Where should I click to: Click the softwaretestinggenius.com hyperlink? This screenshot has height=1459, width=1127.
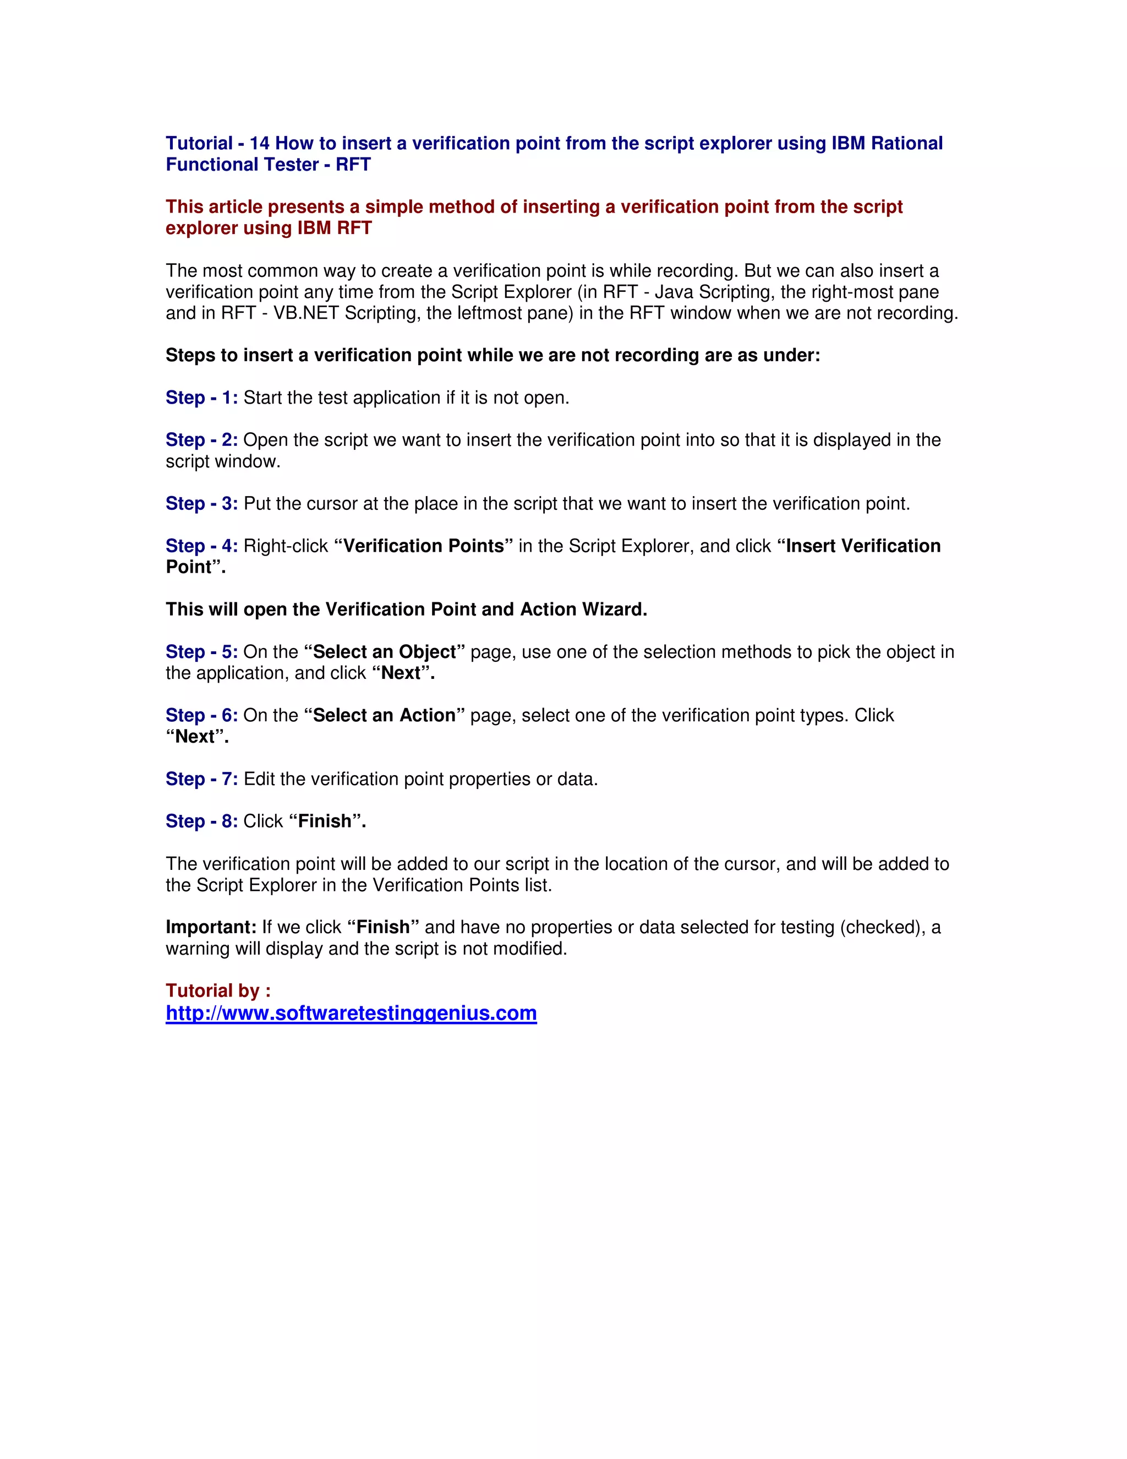[x=351, y=1014]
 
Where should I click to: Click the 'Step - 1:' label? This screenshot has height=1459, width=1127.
[x=201, y=398]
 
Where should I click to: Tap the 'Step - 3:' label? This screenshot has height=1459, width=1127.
[x=201, y=503]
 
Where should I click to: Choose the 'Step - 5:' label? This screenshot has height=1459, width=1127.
[x=201, y=651]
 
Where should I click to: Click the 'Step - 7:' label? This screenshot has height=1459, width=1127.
[x=201, y=779]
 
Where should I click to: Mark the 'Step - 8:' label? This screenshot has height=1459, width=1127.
[x=201, y=821]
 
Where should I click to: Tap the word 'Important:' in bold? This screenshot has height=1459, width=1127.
[x=211, y=927]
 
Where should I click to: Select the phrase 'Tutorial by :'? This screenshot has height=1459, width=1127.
[x=218, y=990]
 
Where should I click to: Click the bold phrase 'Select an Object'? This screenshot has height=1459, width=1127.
[x=385, y=651]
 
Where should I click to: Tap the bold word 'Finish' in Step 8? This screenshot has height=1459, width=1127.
[x=325, y=821]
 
